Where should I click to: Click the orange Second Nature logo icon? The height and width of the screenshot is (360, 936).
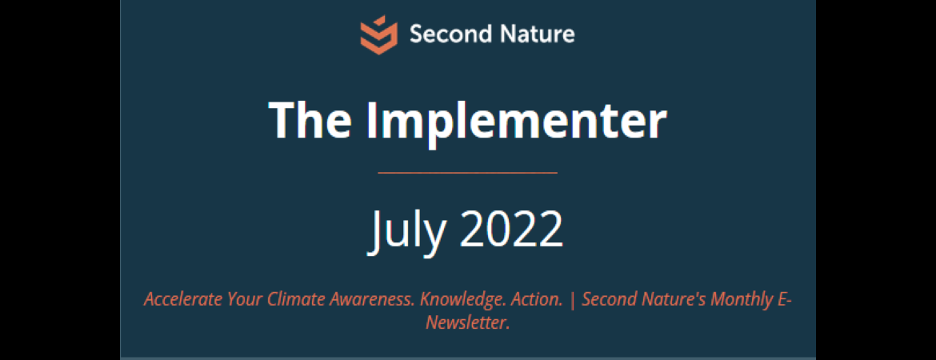[378, 34]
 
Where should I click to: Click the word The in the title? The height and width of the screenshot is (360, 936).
[310, 119]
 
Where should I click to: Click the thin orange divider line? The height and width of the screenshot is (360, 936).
[468, 173]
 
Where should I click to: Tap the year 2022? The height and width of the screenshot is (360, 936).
[511, 230]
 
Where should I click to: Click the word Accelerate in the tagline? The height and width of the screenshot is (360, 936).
[182, 299]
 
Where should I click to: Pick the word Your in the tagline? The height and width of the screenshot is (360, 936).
[245, 300]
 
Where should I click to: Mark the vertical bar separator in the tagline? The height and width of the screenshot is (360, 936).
[572, 300]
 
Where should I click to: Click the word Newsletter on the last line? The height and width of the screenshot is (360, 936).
[467, 323]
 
